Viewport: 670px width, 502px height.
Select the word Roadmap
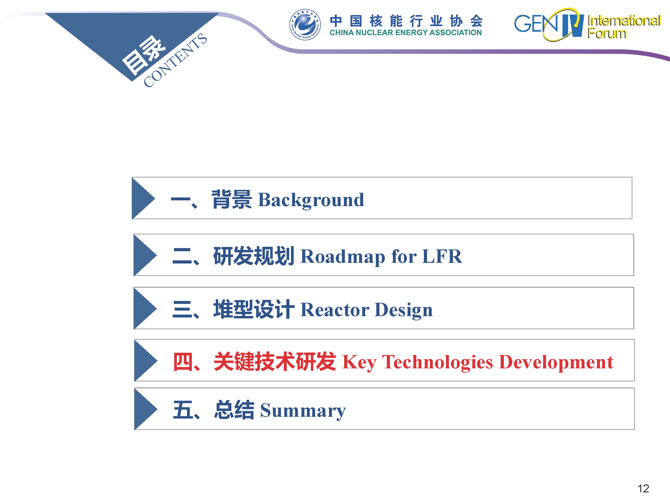click(x=343, y=257)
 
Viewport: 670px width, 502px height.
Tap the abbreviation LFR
click(x=442, y=256)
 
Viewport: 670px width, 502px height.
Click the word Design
click(x=404, y=310)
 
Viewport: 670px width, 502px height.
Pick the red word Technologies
click(x=438, y=362)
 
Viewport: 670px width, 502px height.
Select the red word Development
click(x=556, y=362)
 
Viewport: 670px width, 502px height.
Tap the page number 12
click(x=643, y=489)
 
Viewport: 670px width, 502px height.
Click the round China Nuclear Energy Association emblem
click(x=305, y=25)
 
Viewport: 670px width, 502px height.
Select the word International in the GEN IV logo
click(x=624, y=21)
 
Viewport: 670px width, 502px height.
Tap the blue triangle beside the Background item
click(x=143, y=198)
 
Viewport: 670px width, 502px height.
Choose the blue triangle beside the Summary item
click(x=146, y=409)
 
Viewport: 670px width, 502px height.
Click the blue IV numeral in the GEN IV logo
click(x=572, y=25)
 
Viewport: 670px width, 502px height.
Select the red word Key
click(x=359, y=362)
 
